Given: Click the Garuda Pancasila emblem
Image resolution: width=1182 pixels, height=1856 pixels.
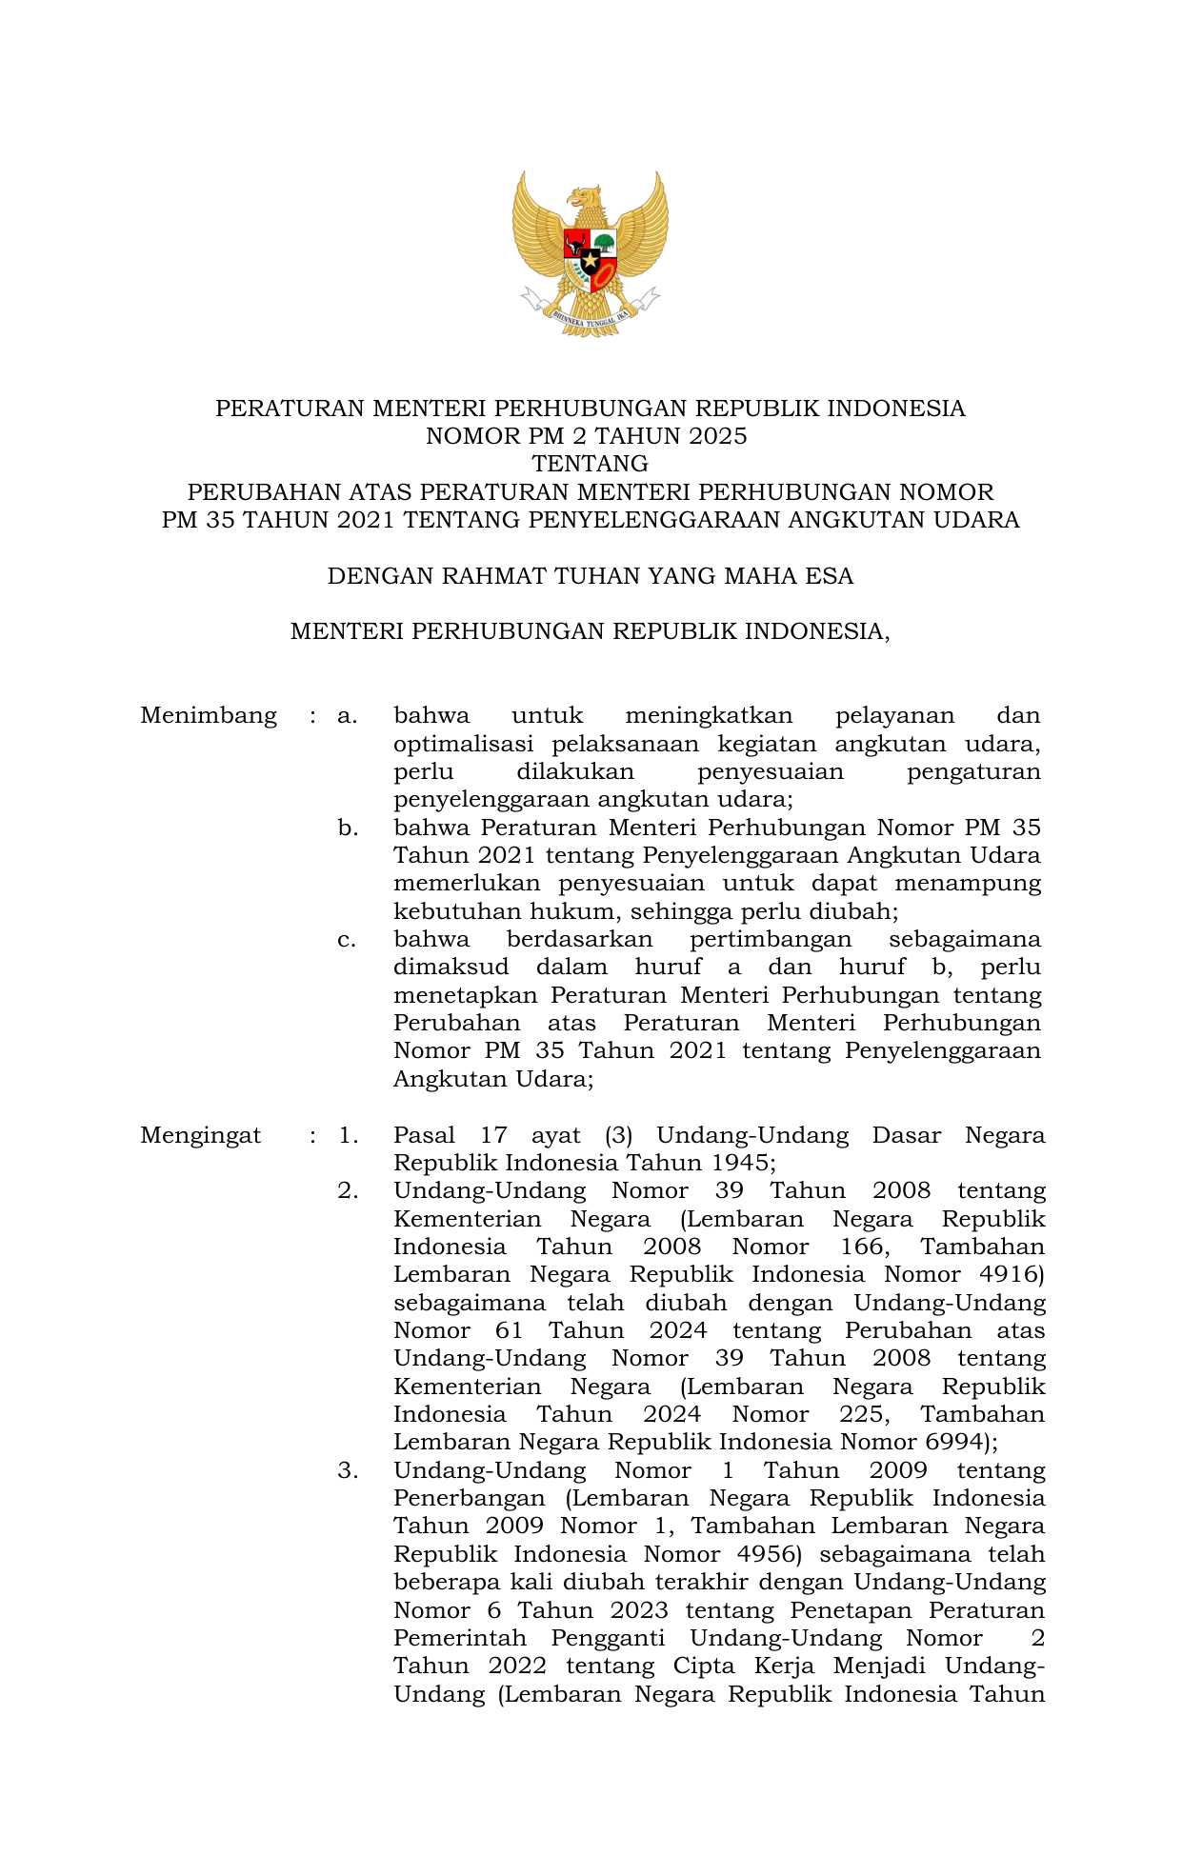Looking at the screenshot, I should click(x=590, y=252).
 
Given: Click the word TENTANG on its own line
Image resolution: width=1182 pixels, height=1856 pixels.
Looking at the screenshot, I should click(x=590, y=464).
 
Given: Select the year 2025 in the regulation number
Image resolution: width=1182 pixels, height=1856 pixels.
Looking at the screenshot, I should click(x=714, y=436).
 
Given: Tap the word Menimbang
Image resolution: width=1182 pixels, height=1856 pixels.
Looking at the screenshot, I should click(x=209, y=716).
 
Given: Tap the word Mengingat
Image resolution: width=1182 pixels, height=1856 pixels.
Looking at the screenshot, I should click(x=200, y=1135).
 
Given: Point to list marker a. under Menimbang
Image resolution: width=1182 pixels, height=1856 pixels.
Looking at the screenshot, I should click(x=348, y=716).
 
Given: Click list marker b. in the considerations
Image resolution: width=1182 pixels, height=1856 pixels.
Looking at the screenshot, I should click(x=348, y=828).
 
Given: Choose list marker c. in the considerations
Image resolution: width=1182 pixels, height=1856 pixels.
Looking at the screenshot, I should click(x=348, y=940).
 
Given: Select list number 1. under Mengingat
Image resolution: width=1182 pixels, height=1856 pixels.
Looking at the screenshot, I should click(x=348, y=1135).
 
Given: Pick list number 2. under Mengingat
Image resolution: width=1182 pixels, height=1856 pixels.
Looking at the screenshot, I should click(x=348, y=1191).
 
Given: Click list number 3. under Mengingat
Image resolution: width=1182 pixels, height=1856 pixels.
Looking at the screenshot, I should click(x=348, y=1471).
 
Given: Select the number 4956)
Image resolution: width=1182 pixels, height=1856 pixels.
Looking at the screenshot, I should click(x=771, y=1555).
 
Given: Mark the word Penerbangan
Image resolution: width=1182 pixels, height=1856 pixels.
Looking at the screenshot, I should click(x=469, y=1499).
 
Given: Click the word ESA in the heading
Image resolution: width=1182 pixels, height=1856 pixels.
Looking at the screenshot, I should click(x=830, y=576).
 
